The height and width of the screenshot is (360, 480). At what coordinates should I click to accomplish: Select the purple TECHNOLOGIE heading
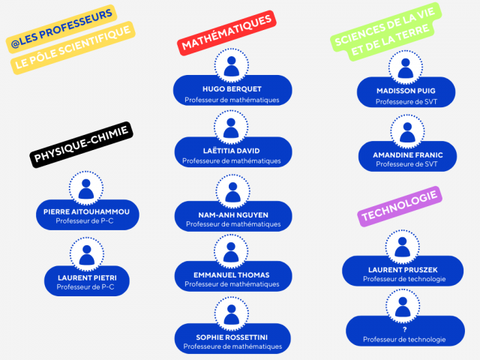click(x=399, y=206)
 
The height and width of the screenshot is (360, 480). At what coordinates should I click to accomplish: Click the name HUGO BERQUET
click(x=231, y=88)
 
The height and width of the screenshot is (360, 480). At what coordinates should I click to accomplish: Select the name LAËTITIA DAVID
click(x=232, y=150)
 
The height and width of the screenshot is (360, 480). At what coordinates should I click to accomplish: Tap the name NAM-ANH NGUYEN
click(x=232, y=214)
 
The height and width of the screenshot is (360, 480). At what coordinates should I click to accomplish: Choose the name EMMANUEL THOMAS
click(x=232, y=274)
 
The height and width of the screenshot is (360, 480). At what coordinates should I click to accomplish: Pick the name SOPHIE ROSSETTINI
click(x=232, y=336)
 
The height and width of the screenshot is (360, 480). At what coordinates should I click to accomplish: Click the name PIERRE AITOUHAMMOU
click(x=86, y=211)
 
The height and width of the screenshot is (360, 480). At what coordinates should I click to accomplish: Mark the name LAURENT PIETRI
click(x=86, y=277)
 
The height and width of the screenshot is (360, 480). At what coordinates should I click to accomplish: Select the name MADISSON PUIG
click(x=406, y=91)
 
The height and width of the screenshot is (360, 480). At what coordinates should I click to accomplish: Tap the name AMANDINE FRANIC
click(x=407, y=154)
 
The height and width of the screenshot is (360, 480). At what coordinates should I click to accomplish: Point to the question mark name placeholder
click(x=403, y=328)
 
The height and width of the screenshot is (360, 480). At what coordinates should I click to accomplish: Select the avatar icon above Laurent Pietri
click(x=86, y=251)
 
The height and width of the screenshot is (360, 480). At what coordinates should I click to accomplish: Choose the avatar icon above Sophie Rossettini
click(x=232, y=311)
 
